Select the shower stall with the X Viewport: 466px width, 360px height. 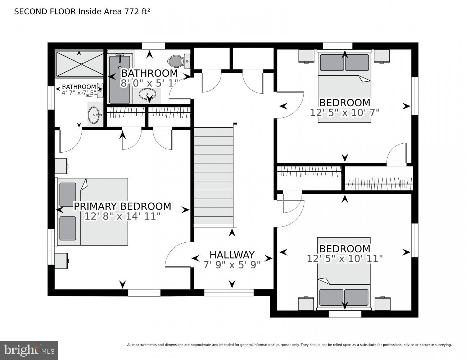(79, 64)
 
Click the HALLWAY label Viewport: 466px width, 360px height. (232, 255)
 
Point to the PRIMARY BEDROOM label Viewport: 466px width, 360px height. (122, 206)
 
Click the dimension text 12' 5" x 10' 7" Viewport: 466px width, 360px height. (345, 113)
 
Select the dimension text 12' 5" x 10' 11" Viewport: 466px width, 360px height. (345, 258)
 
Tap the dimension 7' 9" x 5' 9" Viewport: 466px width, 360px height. (232, 265)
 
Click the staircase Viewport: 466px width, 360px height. (214, 176)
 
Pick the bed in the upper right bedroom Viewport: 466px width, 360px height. (344, 86)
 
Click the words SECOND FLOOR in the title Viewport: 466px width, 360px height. (45, 12)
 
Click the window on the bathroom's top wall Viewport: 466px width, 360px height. (153, 46)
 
